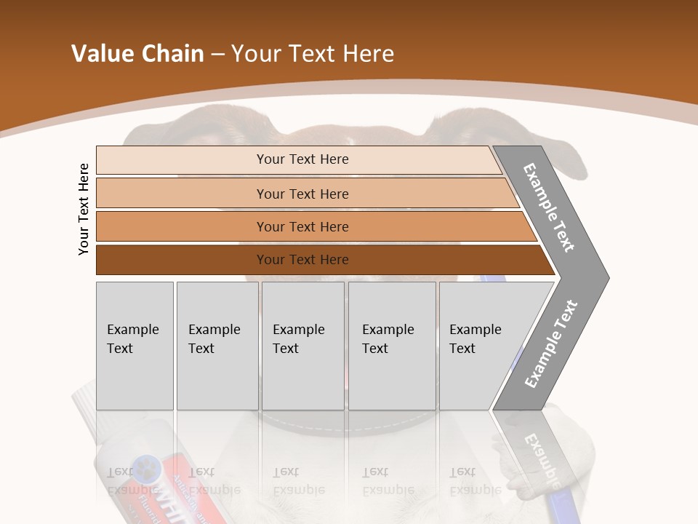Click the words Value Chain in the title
pyautogui.click(x=137, y=54)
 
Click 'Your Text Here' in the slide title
pyautogui.click(x=313, y=54)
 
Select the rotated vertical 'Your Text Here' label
pyautogui.click(x=84, y=209)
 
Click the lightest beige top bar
pyautogui.click(x=302, y=159)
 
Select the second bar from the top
pyautogui.click(x=302, y=194)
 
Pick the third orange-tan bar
pyautogui.click(x=302, y=226)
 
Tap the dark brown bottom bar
pyautogui.click(x=302, y=260)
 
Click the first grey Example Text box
pyautogui.click(x=135, y=346)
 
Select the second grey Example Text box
pyautogui.click(x=217, y=346)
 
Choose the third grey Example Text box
pyautogui.click(x=302, y=346)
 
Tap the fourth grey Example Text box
pyautogui.click(x=391, y=346)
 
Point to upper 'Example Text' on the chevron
pyautogui.click(x=549, y=207)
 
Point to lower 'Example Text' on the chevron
pyautogui.click(x=550, y=344)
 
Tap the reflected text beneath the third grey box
pyautogui.click(x=298, y=481)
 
